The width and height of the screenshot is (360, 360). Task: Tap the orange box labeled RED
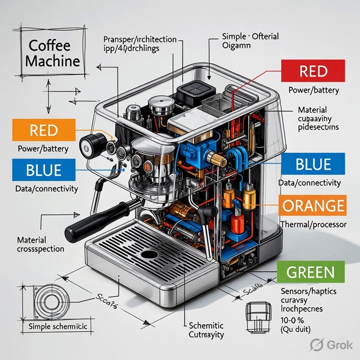point(44,130)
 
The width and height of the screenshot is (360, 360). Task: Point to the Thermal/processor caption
point(313,225)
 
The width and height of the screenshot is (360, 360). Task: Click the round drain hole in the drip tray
point(150,255)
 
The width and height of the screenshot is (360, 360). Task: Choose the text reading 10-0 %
point(292,319)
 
